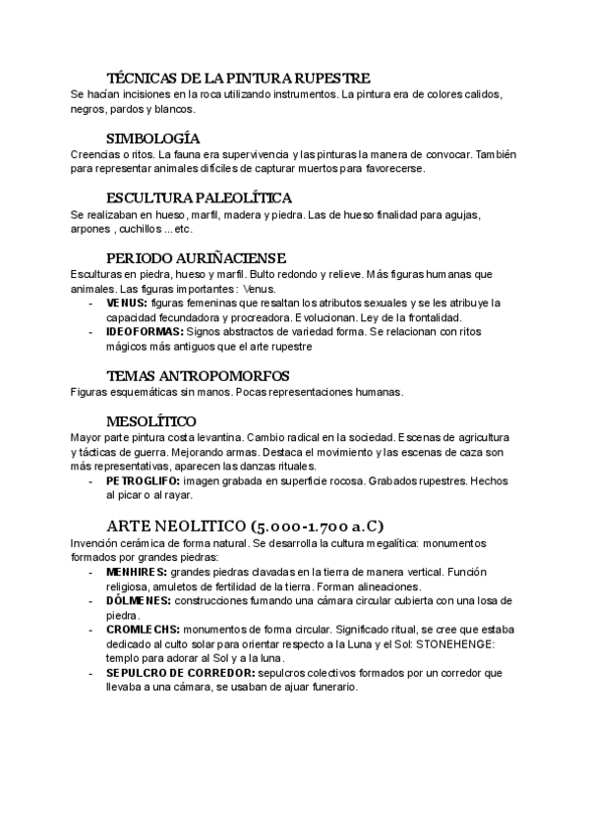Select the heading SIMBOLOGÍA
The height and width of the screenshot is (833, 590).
click(x=152, y=138)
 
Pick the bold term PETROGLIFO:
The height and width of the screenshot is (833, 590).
click(x=147, y=481)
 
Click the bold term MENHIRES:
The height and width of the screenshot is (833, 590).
click(x=136, y=572)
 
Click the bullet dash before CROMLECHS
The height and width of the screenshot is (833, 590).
click(x=90, y=629)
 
